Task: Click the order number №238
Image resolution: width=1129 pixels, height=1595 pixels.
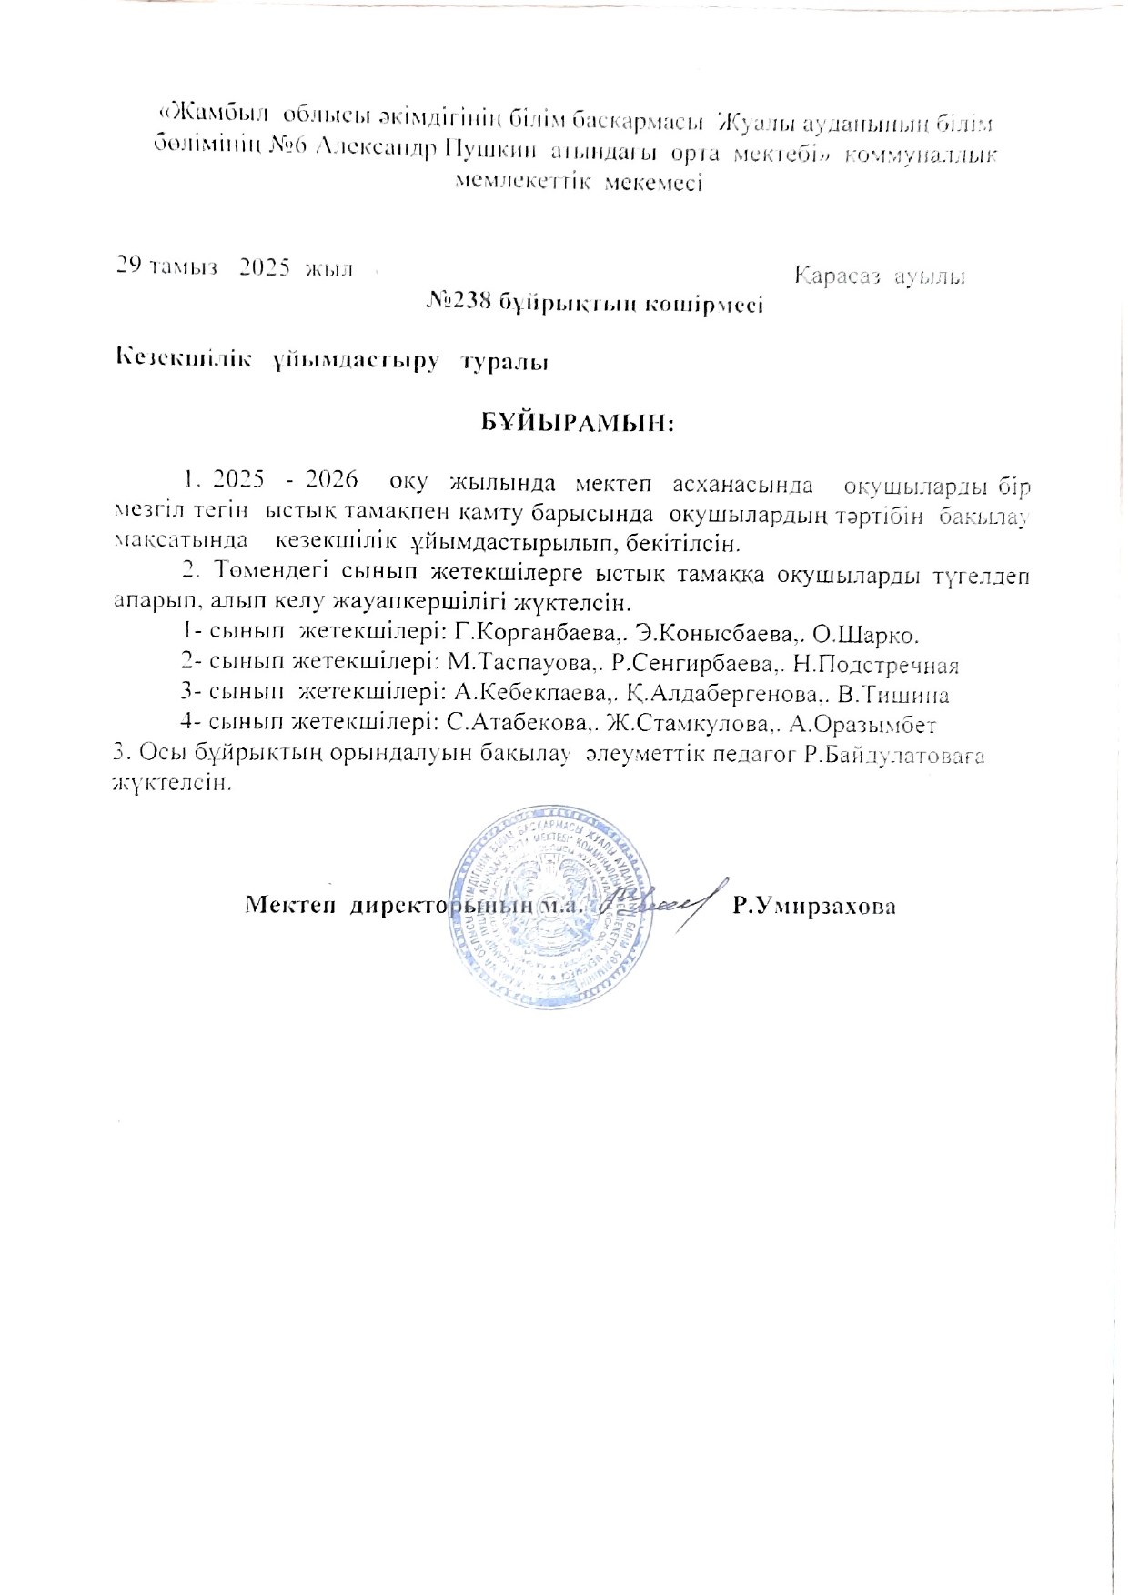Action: pyautogui.click(x=459, y=305)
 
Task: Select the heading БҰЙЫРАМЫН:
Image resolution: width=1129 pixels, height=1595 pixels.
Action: pyautogui.click(x=577, y=423)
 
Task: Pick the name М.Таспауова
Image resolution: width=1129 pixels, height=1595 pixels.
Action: pyautogui.click(x=519, y=665)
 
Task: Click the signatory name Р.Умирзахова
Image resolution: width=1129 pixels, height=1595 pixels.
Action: pyautogui.click(x=814, y=906)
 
